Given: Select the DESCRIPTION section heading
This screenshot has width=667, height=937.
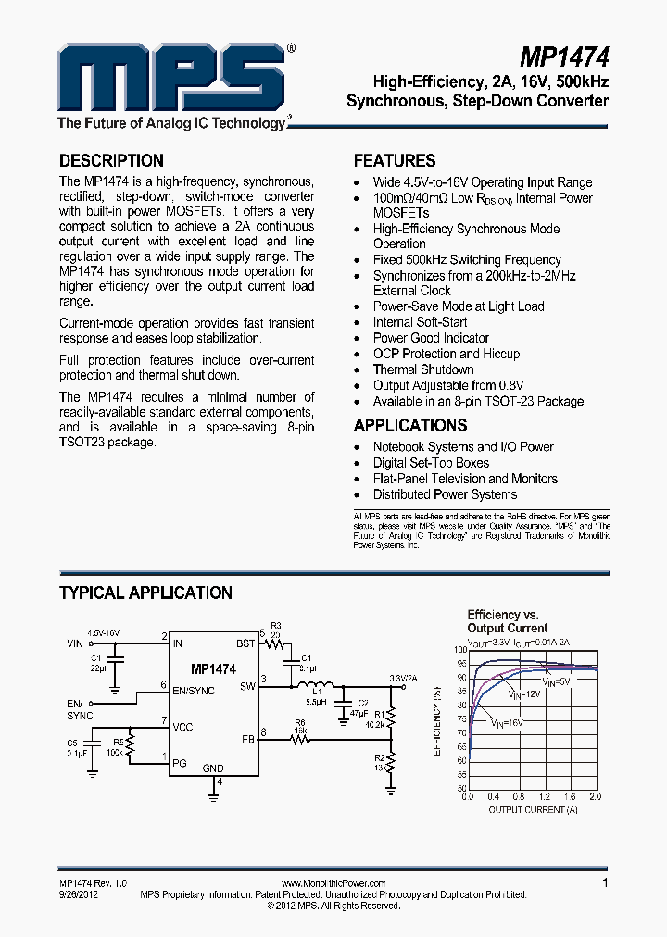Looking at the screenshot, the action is pyautogui.click(x=111, y=160).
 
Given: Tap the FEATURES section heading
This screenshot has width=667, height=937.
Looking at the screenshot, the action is pyautogui.click(x=395, y=160).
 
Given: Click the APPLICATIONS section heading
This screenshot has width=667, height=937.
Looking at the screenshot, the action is pyautogui.click(x=410, y=425).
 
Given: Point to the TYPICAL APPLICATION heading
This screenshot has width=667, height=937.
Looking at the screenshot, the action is pyautogui.click(x=145, y=593).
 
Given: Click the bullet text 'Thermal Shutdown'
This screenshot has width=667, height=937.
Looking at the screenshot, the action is pyautogui.click(x=422, y=369).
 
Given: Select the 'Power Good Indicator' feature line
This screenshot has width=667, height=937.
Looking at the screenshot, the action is pyautogui.click(x=431, y=338).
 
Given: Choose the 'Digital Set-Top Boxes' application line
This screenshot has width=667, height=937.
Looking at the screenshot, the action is pyautogui.click(x=431, y=462).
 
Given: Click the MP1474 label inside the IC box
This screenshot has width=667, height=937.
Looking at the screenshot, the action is pyautogui.click(x=213, y=668).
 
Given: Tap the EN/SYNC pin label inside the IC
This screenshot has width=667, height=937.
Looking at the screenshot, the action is pyautogui.click(x=194, y=690).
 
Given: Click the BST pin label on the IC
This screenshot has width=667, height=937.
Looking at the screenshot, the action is pyautogui.click(x=245, y=643).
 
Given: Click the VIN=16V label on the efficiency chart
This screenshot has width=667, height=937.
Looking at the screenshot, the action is pyautogui.click(x=507, y=721).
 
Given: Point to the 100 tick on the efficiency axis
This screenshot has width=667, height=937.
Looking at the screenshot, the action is pyautogui.click(x=460, y=650).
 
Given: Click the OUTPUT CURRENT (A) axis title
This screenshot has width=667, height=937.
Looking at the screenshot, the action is pyautogui.click(x=533, y=809).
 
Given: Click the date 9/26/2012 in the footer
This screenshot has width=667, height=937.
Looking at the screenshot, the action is pyautogui.click(x=78, y=894).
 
